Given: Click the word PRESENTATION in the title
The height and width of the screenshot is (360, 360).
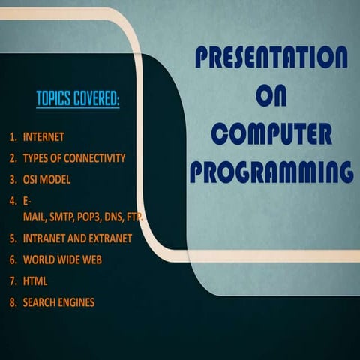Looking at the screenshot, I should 271,57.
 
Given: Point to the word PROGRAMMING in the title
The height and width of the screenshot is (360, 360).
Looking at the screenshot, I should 271,172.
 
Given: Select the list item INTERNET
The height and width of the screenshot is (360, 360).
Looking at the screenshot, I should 43,138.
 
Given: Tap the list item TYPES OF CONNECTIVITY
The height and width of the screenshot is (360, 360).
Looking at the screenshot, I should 73,159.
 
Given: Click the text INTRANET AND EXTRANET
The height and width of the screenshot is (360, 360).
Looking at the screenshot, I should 77,238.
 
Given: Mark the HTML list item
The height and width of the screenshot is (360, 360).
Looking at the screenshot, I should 35,280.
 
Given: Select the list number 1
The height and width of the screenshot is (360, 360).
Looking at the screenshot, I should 12,138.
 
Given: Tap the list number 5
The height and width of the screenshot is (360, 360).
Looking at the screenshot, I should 12,238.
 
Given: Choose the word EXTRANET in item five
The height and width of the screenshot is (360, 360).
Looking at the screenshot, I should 108,238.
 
